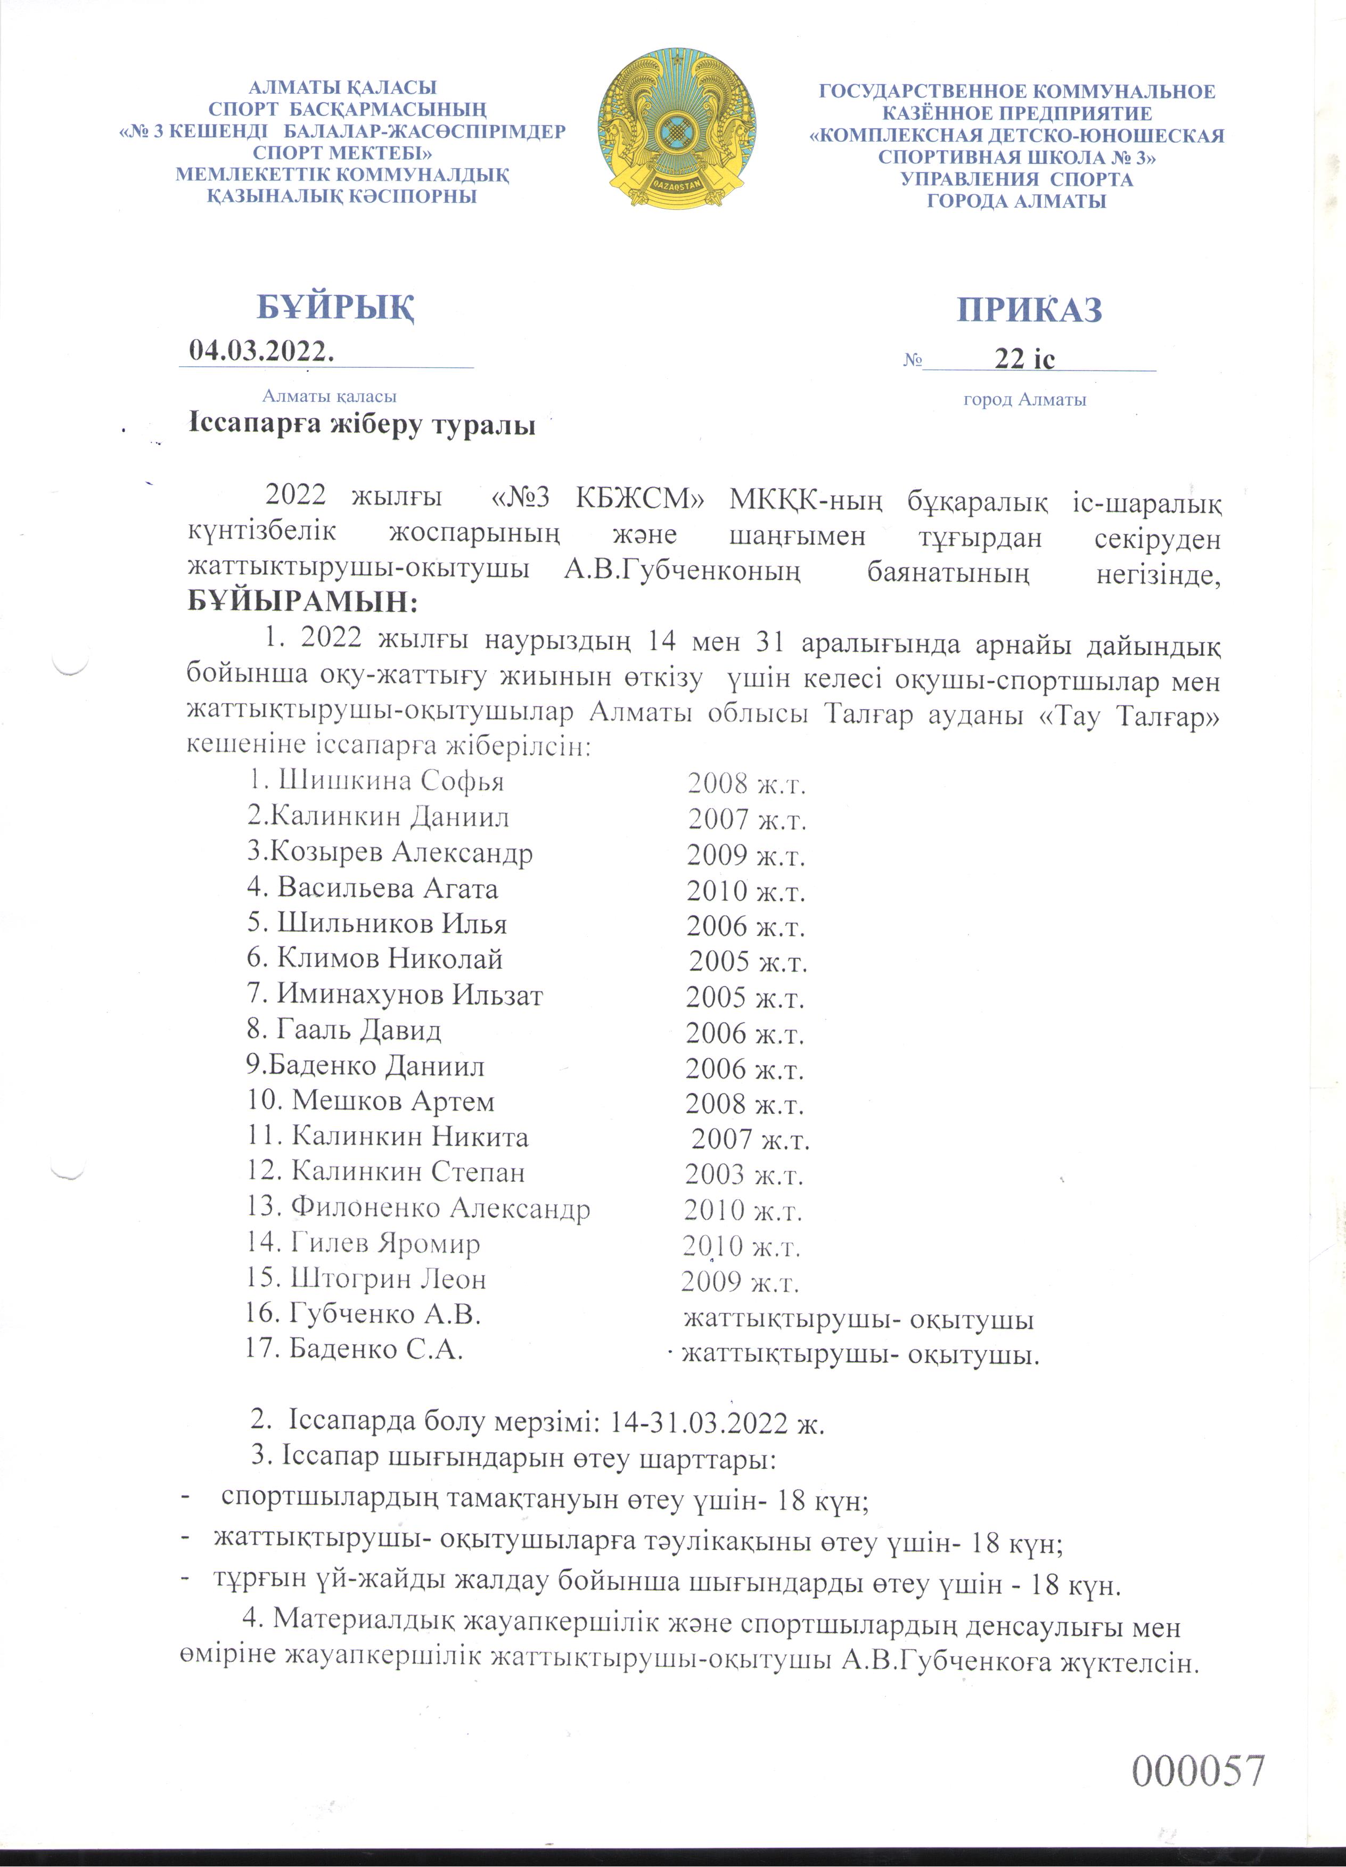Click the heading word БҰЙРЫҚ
pyautogui.click(x=336, y=307)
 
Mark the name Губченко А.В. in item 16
pyautogui.click(x=384, y=1314)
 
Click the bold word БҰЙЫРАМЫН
pyautogui.click(x=303, y=602)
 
